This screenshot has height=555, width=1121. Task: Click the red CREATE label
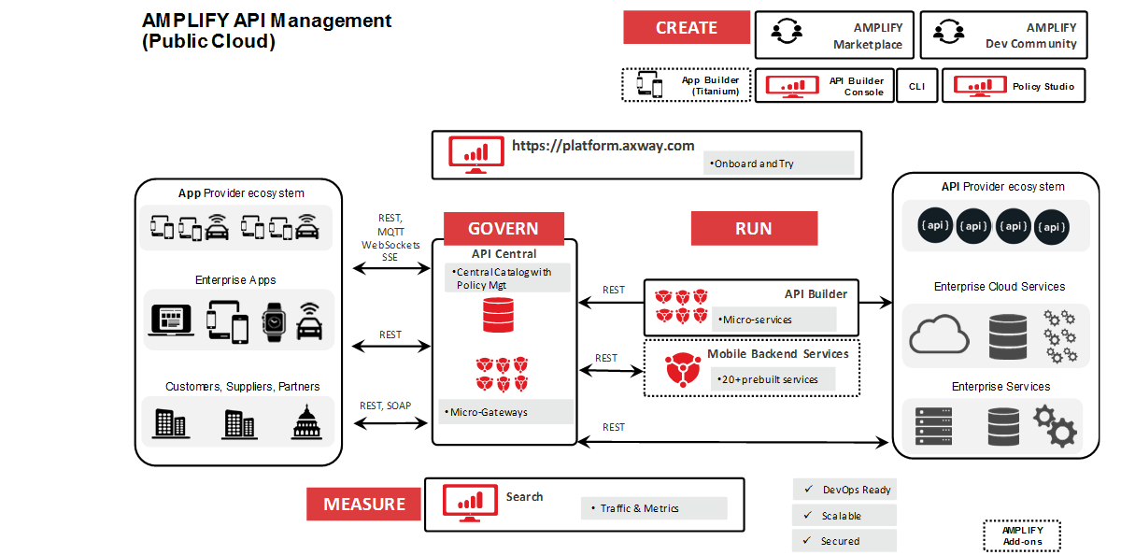coord(687,28)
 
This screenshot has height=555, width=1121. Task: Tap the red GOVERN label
coord(503,229)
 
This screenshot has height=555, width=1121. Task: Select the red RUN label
coord(753,229)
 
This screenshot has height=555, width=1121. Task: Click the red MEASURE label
coord(364,505)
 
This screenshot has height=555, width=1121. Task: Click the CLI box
coord(916,86)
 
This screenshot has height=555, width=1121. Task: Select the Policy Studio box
coord(1014,86)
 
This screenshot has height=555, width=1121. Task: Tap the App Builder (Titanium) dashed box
coord(687,85)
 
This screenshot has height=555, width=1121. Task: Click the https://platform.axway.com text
coord(603,145)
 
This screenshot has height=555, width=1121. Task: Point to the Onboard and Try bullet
coord(778,164)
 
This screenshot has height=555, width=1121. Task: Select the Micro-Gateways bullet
coord(504,411)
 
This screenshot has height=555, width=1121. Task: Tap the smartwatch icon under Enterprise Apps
coord(273,320)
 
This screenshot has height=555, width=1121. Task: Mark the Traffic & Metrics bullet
coord(653,508)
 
